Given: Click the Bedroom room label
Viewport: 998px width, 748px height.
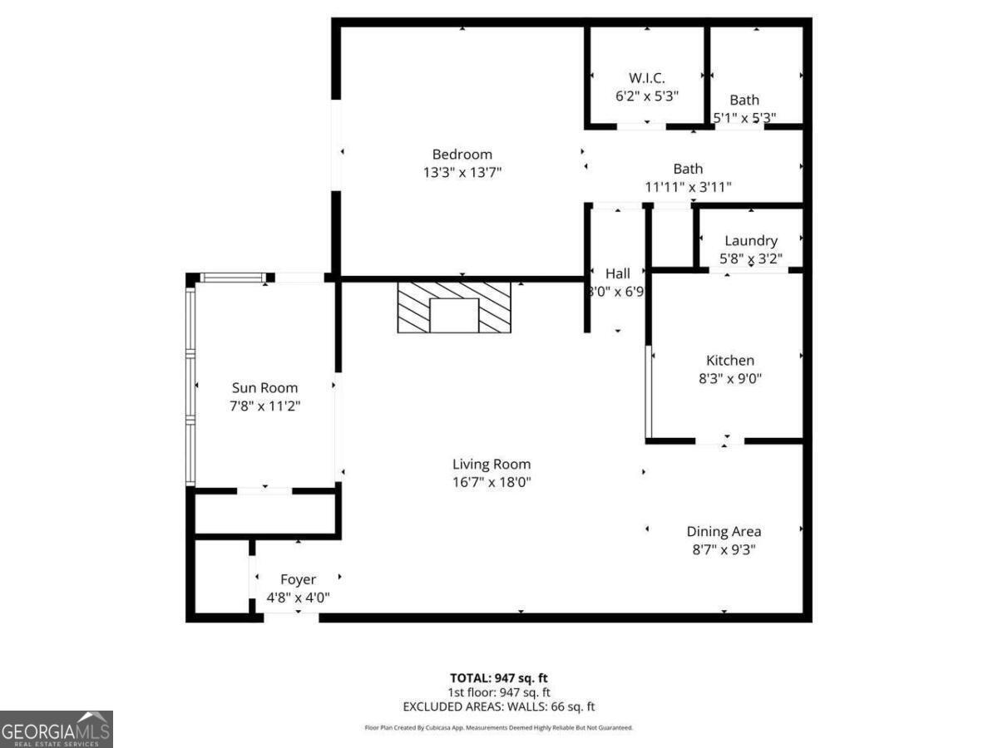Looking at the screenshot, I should point(462,154).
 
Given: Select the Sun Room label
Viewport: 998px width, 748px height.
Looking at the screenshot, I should point(264,387).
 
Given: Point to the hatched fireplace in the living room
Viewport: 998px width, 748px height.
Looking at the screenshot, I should point(453,308).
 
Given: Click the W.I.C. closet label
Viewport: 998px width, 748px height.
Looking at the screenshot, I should point(646,77).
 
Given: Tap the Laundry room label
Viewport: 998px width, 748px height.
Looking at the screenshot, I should point(750,241).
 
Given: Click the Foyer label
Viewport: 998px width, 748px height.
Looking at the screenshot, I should point(298,579).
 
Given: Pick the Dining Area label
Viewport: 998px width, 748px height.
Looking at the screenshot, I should point(724,531).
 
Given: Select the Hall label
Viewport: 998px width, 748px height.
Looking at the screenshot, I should point(617,273).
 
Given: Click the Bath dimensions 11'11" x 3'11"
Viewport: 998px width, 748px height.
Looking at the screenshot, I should point(688,187).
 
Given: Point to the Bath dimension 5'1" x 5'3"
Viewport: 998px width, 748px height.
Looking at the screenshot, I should point(744,118).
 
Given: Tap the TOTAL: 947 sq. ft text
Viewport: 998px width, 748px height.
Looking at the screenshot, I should point(498,677).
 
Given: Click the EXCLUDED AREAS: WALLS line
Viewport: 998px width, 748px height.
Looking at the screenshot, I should point(498,707).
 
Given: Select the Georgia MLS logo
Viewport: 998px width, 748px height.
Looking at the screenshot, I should point(56,729).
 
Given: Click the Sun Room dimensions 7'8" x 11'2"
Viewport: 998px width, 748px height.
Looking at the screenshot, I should point(264,406).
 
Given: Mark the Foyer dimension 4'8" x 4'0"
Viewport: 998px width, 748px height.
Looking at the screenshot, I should point(298,598).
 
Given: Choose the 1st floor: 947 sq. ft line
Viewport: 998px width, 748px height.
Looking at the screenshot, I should point(498,692).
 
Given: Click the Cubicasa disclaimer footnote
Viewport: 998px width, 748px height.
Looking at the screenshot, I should point(498,727).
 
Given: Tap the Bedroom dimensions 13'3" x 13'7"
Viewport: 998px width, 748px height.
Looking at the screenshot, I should point(462,172).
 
